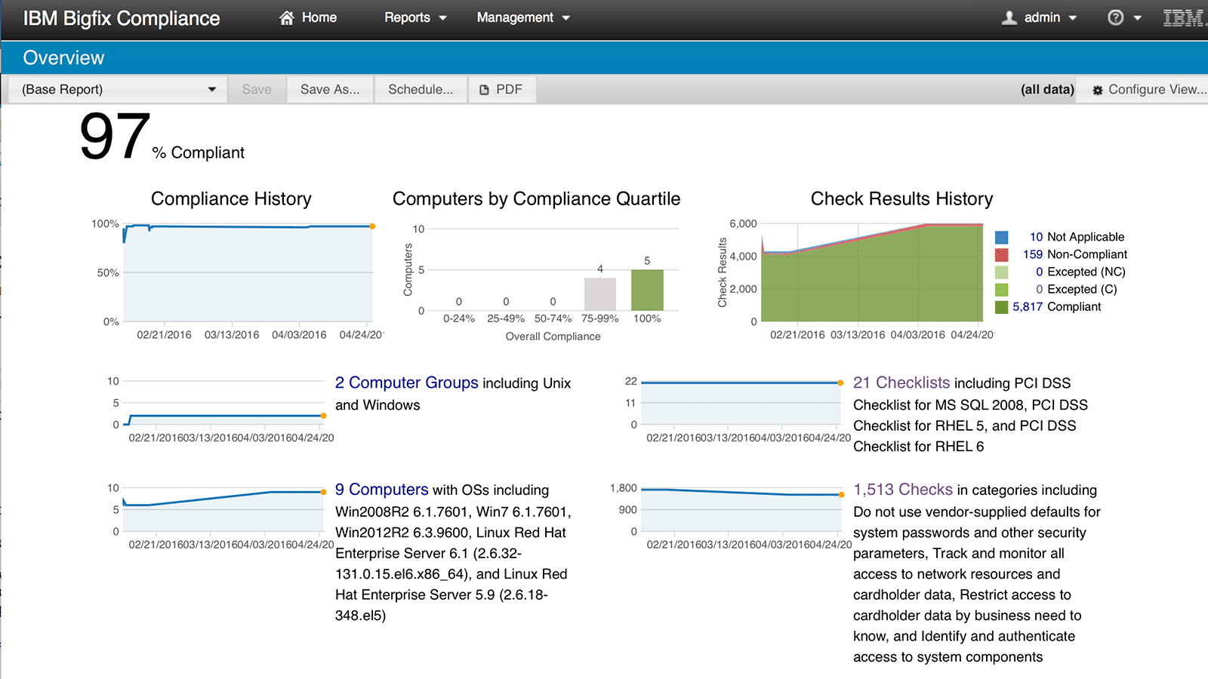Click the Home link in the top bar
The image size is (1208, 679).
pos(309,17)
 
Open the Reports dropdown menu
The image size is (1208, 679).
pos(415,17)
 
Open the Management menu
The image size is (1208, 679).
pos(522,17)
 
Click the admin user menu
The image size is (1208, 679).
pos(1040,17)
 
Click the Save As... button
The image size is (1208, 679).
pos(330,89)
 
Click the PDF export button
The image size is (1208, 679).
pos(501,89)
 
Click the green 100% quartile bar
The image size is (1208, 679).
pos(647,290)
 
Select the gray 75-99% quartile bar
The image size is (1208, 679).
pos(600,294)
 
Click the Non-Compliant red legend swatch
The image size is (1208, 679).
pos(1002,255)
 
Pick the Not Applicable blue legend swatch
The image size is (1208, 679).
pos(1002,237)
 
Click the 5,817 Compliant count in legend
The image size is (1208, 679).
pos(1028,307)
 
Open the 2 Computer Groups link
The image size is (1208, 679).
pos(406,383)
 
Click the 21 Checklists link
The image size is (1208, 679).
pos(901,383)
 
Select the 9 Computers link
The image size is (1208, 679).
pos(381,490)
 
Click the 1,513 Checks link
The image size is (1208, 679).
pos(903,490)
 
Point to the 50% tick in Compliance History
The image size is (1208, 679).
pos(108,272)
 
